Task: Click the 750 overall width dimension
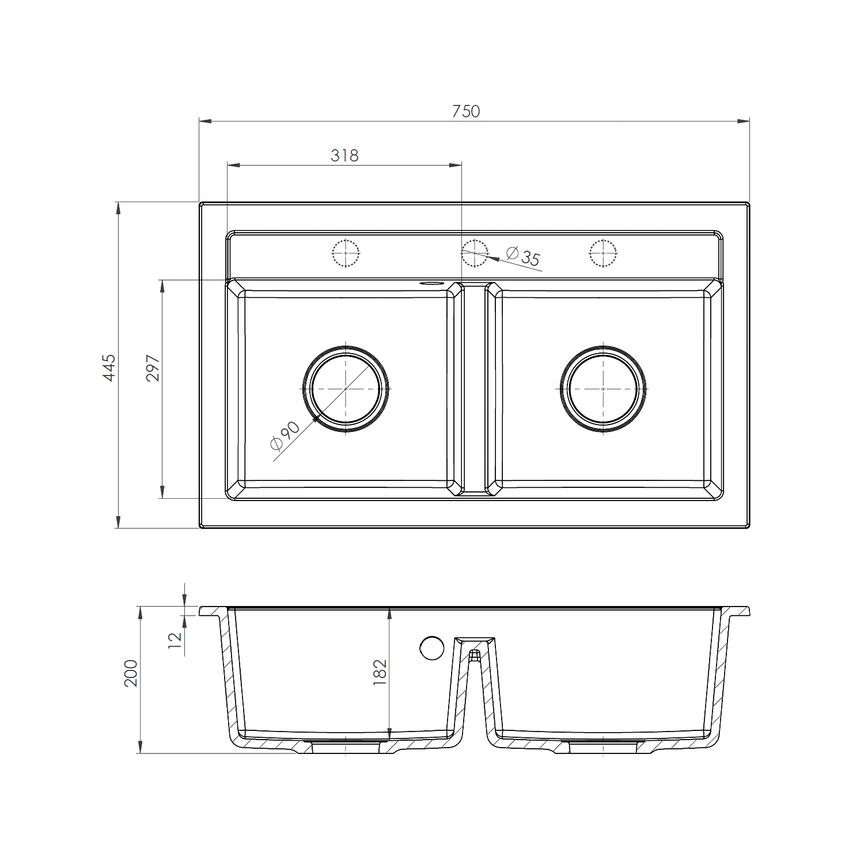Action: [465, 111]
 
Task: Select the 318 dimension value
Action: [344, 155]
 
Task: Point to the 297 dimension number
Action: [153, 367]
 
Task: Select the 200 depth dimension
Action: [131, 673]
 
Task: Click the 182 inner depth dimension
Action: [380, 672]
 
